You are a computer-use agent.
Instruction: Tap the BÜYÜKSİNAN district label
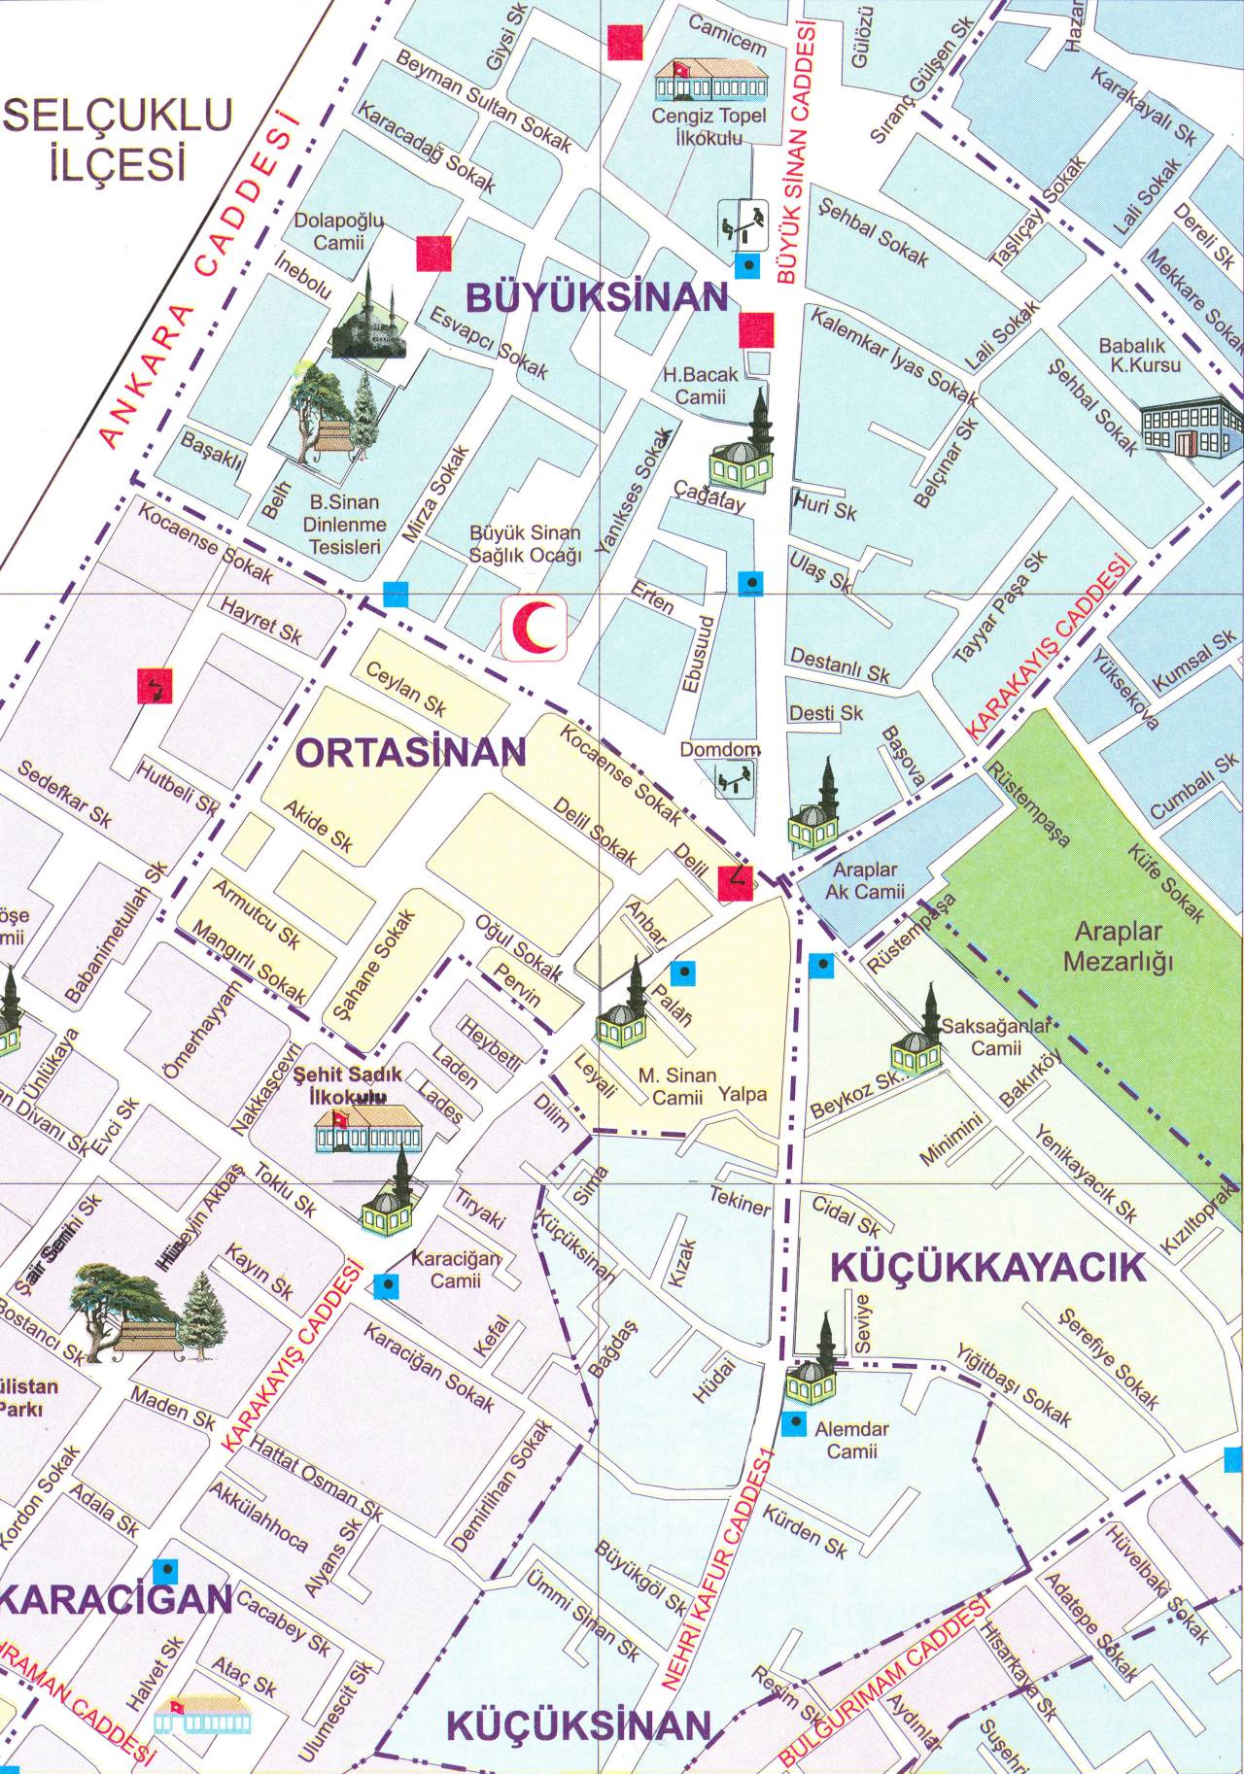[x=597, y=296]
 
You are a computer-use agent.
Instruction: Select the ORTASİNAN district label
[x=409, y=751]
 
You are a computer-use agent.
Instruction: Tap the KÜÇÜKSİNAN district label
[x=579, y=1724]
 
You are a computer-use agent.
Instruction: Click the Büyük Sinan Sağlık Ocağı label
[x=525, y=544]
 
